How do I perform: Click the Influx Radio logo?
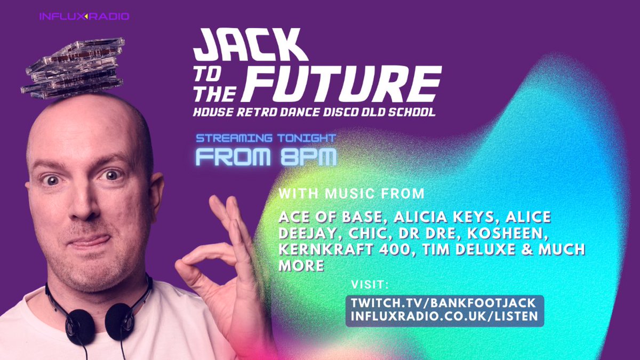coord(84,17)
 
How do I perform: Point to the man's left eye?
coord(111,175)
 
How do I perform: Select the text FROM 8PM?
coord(266,157)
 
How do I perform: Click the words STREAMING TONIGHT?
coord(266,139)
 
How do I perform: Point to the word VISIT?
coord(372,284)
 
